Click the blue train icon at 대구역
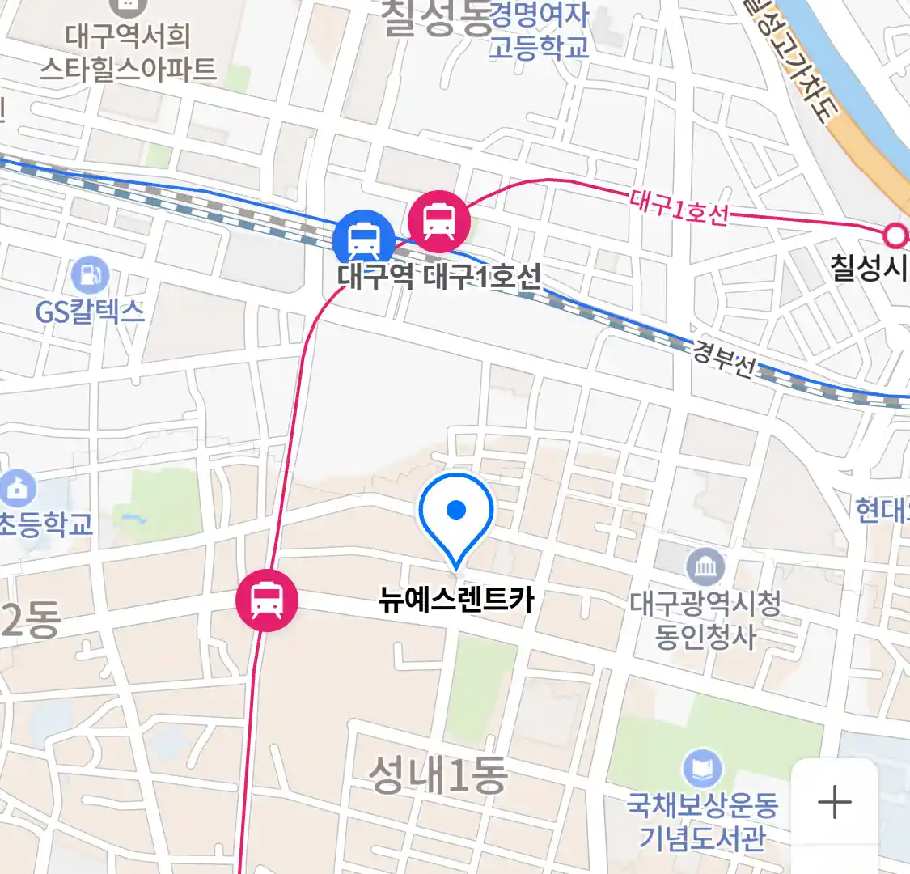(364, 239)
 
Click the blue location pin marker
(456, 515)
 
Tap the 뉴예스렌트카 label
(456, 600)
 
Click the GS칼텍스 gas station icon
(90, 277)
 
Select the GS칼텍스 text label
(90, 312)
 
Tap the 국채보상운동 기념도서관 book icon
(702, 769)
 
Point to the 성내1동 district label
(438, 774)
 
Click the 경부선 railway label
(725, 359)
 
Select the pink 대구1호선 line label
(679, 207)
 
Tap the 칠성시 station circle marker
(895, 235)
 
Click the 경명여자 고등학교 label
(539, 31)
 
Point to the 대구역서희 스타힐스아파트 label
(128, 52)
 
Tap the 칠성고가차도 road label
(789, 61)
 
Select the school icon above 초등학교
(18, 488)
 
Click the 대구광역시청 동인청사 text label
(705, 620)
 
